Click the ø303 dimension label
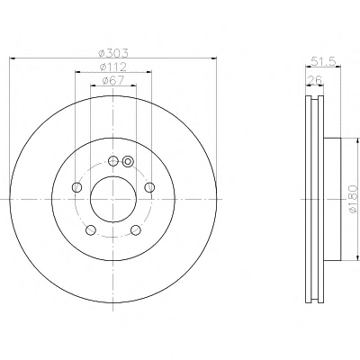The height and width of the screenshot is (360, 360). point(113,53)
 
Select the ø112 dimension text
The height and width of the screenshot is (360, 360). point(112,67)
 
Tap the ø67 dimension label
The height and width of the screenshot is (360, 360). point(113,80)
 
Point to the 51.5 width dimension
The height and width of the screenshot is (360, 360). point(323,61)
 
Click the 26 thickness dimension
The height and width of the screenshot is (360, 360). point(315,80)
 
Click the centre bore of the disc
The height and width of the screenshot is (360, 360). point(113,199)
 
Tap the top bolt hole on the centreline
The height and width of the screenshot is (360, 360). point(112,161)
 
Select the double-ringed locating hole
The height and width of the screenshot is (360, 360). point(128,161)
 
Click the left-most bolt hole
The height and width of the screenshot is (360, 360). point(77,187)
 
